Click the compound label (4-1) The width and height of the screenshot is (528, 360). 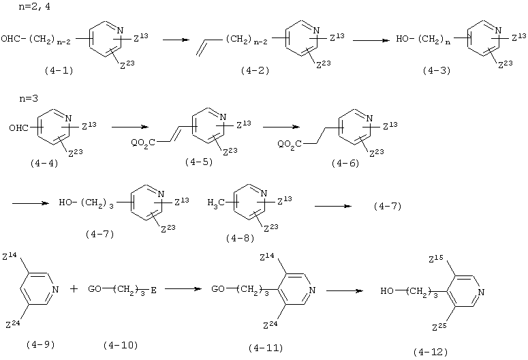[x=59, y=70]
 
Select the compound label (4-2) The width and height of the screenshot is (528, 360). [x=255, y=70]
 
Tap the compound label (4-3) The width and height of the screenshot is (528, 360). [x=437, y=70]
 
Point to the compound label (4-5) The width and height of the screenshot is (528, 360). [x=199, y=162]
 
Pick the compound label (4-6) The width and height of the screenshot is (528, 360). [x=345, y=164]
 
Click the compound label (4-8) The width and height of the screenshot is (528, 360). [x=240, y=239]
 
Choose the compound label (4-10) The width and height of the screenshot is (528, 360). [x=121, y=345]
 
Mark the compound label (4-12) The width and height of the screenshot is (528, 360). [x=431, y=352]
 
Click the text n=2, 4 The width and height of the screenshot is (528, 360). [x=35, y=7]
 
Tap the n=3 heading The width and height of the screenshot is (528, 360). [x=29, y=99]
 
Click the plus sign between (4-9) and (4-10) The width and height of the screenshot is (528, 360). [x=74, y=289]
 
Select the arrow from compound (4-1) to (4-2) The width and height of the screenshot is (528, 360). [x=176, y=40]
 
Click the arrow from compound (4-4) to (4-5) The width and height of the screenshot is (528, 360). [x=130, y=127]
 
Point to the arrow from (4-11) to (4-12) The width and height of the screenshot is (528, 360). [x=345, y=290]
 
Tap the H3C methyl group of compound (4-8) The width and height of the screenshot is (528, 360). [x=216, y=203]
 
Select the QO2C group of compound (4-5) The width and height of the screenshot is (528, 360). [x=143, y=144]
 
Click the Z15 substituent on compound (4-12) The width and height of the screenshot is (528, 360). [x=436, y=259]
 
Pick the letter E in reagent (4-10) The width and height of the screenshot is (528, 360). [x=153, y=290]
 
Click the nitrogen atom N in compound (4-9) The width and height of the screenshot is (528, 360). [x=56, y=289]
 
